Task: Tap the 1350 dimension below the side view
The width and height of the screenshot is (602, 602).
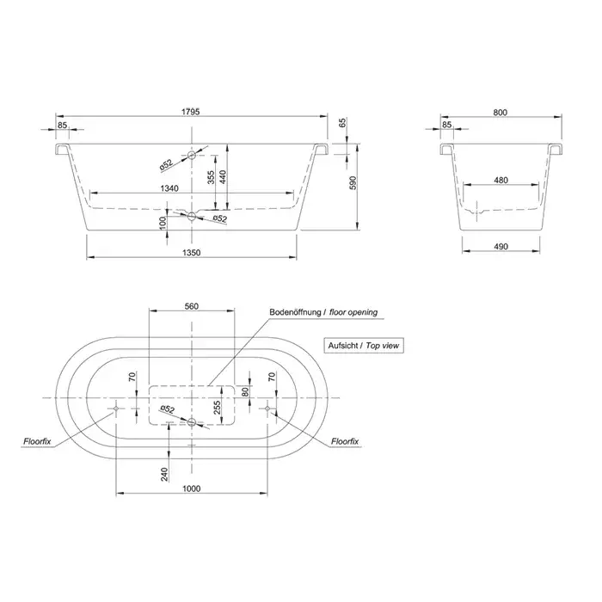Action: click(192, 252)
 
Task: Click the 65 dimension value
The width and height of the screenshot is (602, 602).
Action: click(341, 124)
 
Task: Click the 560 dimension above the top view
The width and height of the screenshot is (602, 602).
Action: click(192, 305)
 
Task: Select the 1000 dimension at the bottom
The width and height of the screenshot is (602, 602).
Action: click(192, 488)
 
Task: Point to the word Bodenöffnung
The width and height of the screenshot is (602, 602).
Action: click(295, 313)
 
